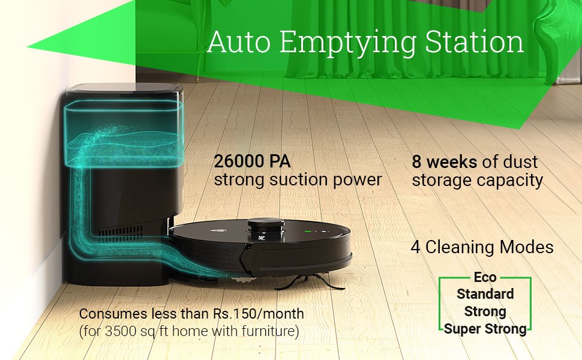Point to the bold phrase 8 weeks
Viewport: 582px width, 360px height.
444,162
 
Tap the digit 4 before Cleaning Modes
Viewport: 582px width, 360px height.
416,247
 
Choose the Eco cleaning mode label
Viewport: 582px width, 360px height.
485,277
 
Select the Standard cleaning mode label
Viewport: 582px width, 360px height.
485,294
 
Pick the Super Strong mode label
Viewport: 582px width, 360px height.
485,329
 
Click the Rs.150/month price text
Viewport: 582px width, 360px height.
259,314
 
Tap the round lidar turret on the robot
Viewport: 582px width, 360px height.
266,226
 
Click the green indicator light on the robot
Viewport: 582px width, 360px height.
308,232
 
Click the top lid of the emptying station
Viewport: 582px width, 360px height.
124,88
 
